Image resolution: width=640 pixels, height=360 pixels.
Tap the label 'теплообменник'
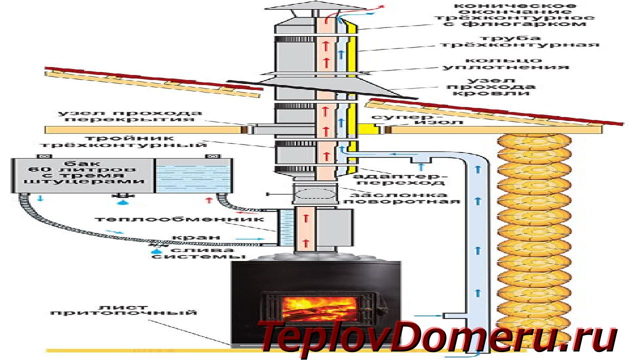coord(179,219)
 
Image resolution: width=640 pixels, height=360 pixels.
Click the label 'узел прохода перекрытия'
coord(130,116)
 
